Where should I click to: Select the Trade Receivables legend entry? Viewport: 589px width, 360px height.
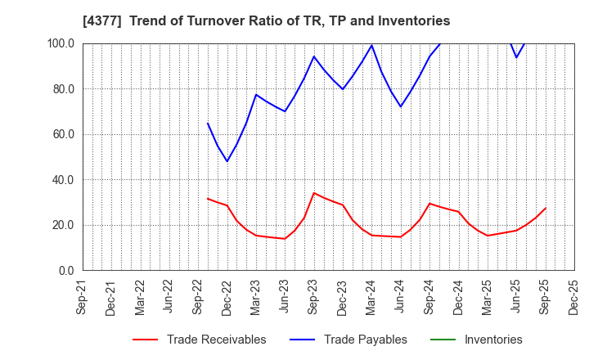pyautogui.click(x=216, y=340)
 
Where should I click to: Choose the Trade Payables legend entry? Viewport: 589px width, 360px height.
pyautogui.click(x=366, y=340)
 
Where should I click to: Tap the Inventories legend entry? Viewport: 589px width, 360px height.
pyautogui.click(x=492, y=340)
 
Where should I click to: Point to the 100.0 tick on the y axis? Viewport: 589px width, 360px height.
pyautogui.click(x=61, y=43)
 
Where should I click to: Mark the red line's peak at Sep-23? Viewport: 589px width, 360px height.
pyautogui.click(x=314, y=193)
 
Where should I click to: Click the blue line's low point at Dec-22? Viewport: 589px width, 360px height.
pyautogui.click(x=227, y=161)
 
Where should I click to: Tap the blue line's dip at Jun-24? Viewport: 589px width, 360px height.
pyautogui.click(x=401, y=106)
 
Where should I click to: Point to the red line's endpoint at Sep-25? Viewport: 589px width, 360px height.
pyautogui.click(x=546, y=208)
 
